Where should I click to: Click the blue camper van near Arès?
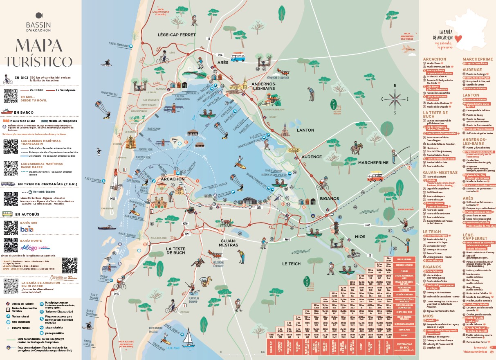238,58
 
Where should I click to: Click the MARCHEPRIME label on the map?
373,162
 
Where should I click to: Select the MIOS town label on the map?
360,236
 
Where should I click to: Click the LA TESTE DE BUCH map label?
175,250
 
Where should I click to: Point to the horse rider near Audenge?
357,148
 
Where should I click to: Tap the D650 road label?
258,207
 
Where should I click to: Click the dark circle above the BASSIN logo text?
38,16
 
